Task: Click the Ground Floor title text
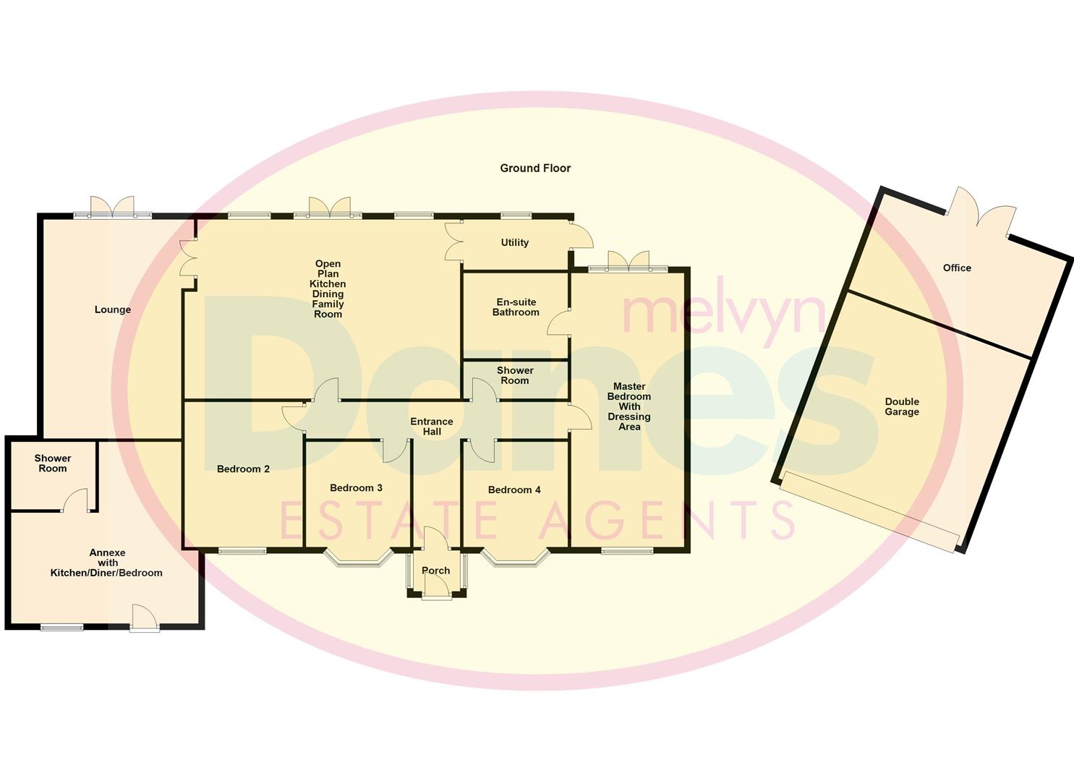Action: pyautogui.click(x=535, y=168)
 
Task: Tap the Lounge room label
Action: pyautogui.click(x=113, y=310)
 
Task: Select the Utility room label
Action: pyautogui.click(x=515, y=242)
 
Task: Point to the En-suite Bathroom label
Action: pyautogui.click(x=516, y=307)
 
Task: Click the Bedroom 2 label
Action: pyautogui.click(x=243, y=469)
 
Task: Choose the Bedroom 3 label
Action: pyautogui.click(x=356, y=487)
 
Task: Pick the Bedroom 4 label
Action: pyautogui.click(x=514, y=490)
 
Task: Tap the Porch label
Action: pyautogui.click(x=436, y=571)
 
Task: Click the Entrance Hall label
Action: pyautogui.click(x=432, y=427)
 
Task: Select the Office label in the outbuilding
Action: pyautogui.click(x=957, y=268)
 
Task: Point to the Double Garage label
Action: pyautogui.click(x=902, y=406)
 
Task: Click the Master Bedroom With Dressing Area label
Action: pyautogui.click(x=629, y=406)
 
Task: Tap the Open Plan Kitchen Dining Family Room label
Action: pyautogui.click(x=328, y=289)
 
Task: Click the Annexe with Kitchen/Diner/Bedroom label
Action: pyautogui.click(x=107, y=563)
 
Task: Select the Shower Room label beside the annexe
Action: pyautogui.click(x=53, y=463)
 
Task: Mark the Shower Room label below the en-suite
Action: pyautogui.click(x=515, y=375)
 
